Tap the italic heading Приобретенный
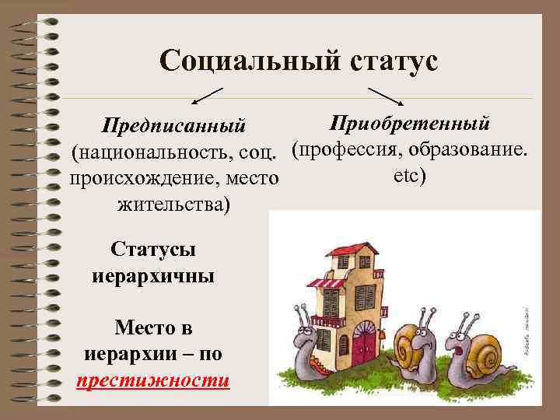(409, 123)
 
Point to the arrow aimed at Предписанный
(205, 96)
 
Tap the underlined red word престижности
(152, 380)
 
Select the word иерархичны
(152, 276)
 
